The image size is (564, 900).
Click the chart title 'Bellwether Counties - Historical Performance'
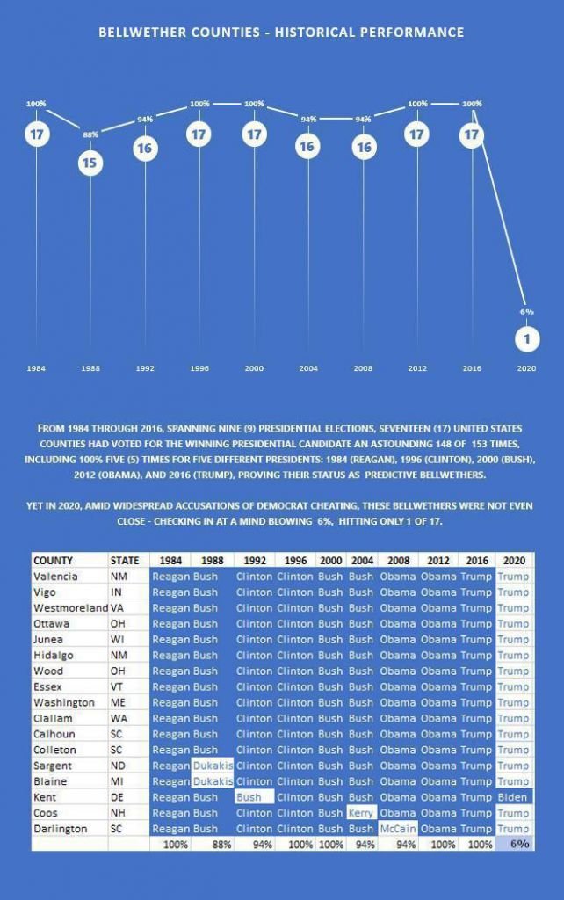(281, 33)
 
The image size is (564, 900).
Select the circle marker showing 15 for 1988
(90, 163)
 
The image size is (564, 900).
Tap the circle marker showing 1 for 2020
(526, 338)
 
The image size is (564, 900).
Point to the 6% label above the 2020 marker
(526, 311)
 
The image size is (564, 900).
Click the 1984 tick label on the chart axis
(36, 368)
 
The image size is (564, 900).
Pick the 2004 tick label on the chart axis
(308, 368)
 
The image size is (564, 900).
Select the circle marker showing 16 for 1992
(144, 148)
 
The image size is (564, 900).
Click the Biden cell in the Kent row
(513, 797)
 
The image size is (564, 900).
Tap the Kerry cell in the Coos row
(361, 813)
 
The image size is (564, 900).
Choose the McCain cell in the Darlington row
(397, 829)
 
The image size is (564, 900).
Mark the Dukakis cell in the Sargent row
(212, 766)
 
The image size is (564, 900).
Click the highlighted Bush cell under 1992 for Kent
(254, 797)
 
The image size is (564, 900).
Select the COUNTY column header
(54, 560)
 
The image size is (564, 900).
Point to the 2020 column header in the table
(513, 560)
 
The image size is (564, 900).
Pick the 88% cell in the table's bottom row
(213, 844)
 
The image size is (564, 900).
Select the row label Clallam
(54, 718)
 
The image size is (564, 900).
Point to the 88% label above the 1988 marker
(90, 134)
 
